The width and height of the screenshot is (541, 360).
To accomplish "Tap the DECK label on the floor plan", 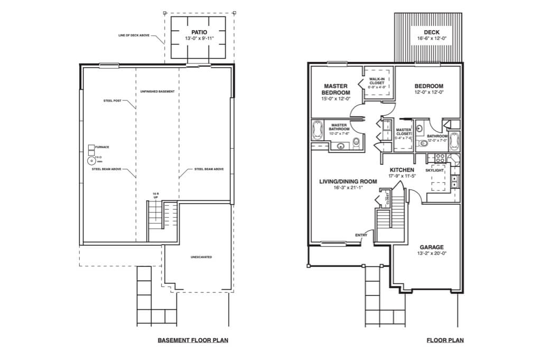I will (431, 32).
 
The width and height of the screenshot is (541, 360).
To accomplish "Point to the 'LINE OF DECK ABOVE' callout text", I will (134, 36).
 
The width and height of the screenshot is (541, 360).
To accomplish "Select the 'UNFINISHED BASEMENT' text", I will (157, 92).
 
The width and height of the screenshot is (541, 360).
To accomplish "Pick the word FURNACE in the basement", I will (102, 146).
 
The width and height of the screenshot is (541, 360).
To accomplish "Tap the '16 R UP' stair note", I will (155, 195).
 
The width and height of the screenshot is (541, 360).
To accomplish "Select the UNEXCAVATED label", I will (201, 257).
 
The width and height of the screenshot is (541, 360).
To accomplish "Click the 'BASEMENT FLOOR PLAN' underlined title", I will (193, 340).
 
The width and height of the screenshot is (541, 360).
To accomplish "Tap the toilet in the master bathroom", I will (356, 142).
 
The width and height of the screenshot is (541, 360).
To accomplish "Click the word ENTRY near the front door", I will (361, 236).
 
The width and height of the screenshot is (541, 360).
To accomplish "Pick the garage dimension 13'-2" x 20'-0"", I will (432, 253).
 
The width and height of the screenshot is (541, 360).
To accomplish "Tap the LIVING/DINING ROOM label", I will (348, 181).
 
